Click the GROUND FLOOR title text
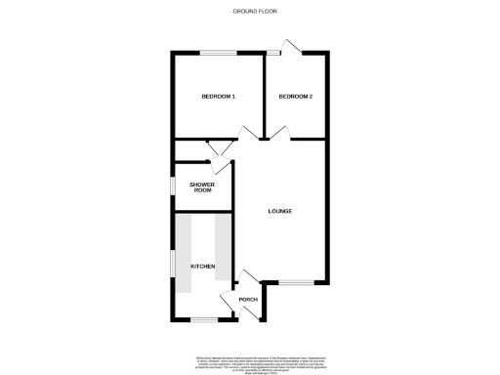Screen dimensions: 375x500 [250, 11]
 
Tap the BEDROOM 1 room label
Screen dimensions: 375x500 [218, 96]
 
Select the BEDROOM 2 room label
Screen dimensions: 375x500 [295, 96]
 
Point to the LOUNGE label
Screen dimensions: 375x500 [280, 211]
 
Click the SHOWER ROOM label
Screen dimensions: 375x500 [202, 187]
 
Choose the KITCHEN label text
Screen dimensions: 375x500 [202, 266]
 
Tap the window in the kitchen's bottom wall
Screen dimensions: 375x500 [203, 319]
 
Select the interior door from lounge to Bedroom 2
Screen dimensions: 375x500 [277, 134]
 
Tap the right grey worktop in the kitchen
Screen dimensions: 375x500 [221, 253]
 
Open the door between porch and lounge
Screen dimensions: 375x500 [242, 277]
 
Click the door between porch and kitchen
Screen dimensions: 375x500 [229, 301]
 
